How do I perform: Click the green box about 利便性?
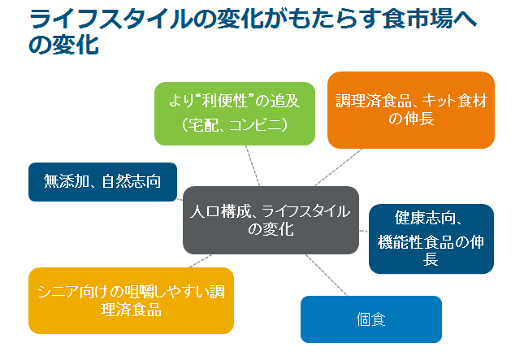[235, 114]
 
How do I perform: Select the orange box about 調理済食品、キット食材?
[411, 110]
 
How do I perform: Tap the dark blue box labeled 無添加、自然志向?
[102, 182]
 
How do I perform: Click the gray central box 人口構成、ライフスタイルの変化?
[271, 220]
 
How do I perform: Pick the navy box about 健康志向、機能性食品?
[431, 239]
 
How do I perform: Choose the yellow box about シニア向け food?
[131, 301]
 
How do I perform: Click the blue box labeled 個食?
[371, 319]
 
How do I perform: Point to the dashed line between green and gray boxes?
[253, 166]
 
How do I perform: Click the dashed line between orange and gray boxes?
[339, 167]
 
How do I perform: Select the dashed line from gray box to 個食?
[327, 275]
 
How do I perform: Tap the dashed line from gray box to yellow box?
[201, 261]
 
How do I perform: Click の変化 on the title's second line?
[64, 44]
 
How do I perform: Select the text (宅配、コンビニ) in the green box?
[235, 125]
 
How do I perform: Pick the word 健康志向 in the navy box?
[424, 218]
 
